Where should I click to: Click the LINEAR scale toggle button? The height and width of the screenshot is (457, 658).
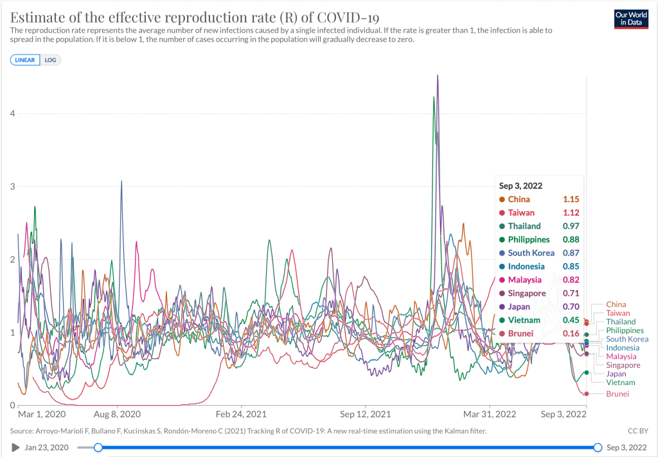point(25,60)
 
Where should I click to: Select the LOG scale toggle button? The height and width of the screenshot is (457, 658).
point(50,60)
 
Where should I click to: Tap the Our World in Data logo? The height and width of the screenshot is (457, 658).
point(630,18)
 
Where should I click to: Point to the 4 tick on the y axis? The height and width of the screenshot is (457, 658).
point(12,114)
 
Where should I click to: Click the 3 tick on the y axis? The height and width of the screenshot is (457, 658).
point(12,187)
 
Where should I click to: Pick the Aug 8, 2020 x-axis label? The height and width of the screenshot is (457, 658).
point(118,415)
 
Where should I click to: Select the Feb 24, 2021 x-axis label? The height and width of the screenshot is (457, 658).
point(240,415)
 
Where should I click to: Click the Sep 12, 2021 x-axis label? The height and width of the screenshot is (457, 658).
point(366,415)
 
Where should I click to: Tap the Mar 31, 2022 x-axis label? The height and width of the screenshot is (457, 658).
point(490,415)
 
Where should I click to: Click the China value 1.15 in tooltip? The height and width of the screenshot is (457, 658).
point(571,199)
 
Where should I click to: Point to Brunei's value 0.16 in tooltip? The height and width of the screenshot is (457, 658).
point(571,334)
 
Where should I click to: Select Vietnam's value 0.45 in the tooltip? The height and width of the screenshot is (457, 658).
point(571,320)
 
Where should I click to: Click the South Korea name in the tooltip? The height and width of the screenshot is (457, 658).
point(531,253)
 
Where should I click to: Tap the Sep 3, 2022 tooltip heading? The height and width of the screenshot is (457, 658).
point(520,185)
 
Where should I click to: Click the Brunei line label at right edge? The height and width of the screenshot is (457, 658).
point(618,393)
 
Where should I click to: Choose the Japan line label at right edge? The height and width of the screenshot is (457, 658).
point(616,374)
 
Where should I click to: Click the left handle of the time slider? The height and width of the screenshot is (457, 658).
point(98,447)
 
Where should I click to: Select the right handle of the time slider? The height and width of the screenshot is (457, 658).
point(598,447)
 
